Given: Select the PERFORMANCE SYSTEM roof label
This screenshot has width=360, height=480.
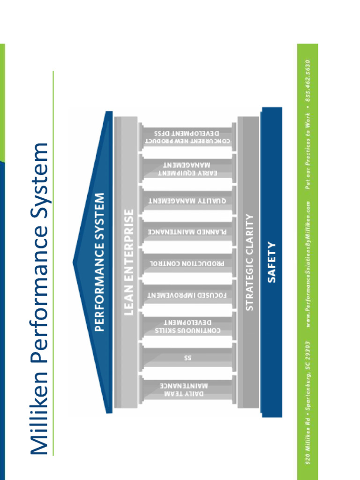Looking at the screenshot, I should [x=99, y=262].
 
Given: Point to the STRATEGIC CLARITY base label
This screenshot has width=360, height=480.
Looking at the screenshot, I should [x=249, y=262].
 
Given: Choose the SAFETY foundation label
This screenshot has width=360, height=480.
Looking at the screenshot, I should [x=271, y=262].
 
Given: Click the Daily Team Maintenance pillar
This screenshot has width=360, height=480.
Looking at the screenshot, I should [x=187, y=390].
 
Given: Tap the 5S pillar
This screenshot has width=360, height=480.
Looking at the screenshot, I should [x=187, y=358].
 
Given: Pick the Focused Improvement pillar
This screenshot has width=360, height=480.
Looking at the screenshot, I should [x=187, y=295].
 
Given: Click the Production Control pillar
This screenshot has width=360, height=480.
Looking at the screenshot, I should [x=187, y=263].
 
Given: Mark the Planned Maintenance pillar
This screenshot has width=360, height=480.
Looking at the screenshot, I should [x=187, y=232].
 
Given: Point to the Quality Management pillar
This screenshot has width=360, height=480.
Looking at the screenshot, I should [x=187, y=201].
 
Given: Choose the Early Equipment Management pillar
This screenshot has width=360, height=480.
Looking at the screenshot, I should [x=187, y=169].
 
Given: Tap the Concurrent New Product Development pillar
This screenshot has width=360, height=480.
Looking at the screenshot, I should [x=187, y=137].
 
